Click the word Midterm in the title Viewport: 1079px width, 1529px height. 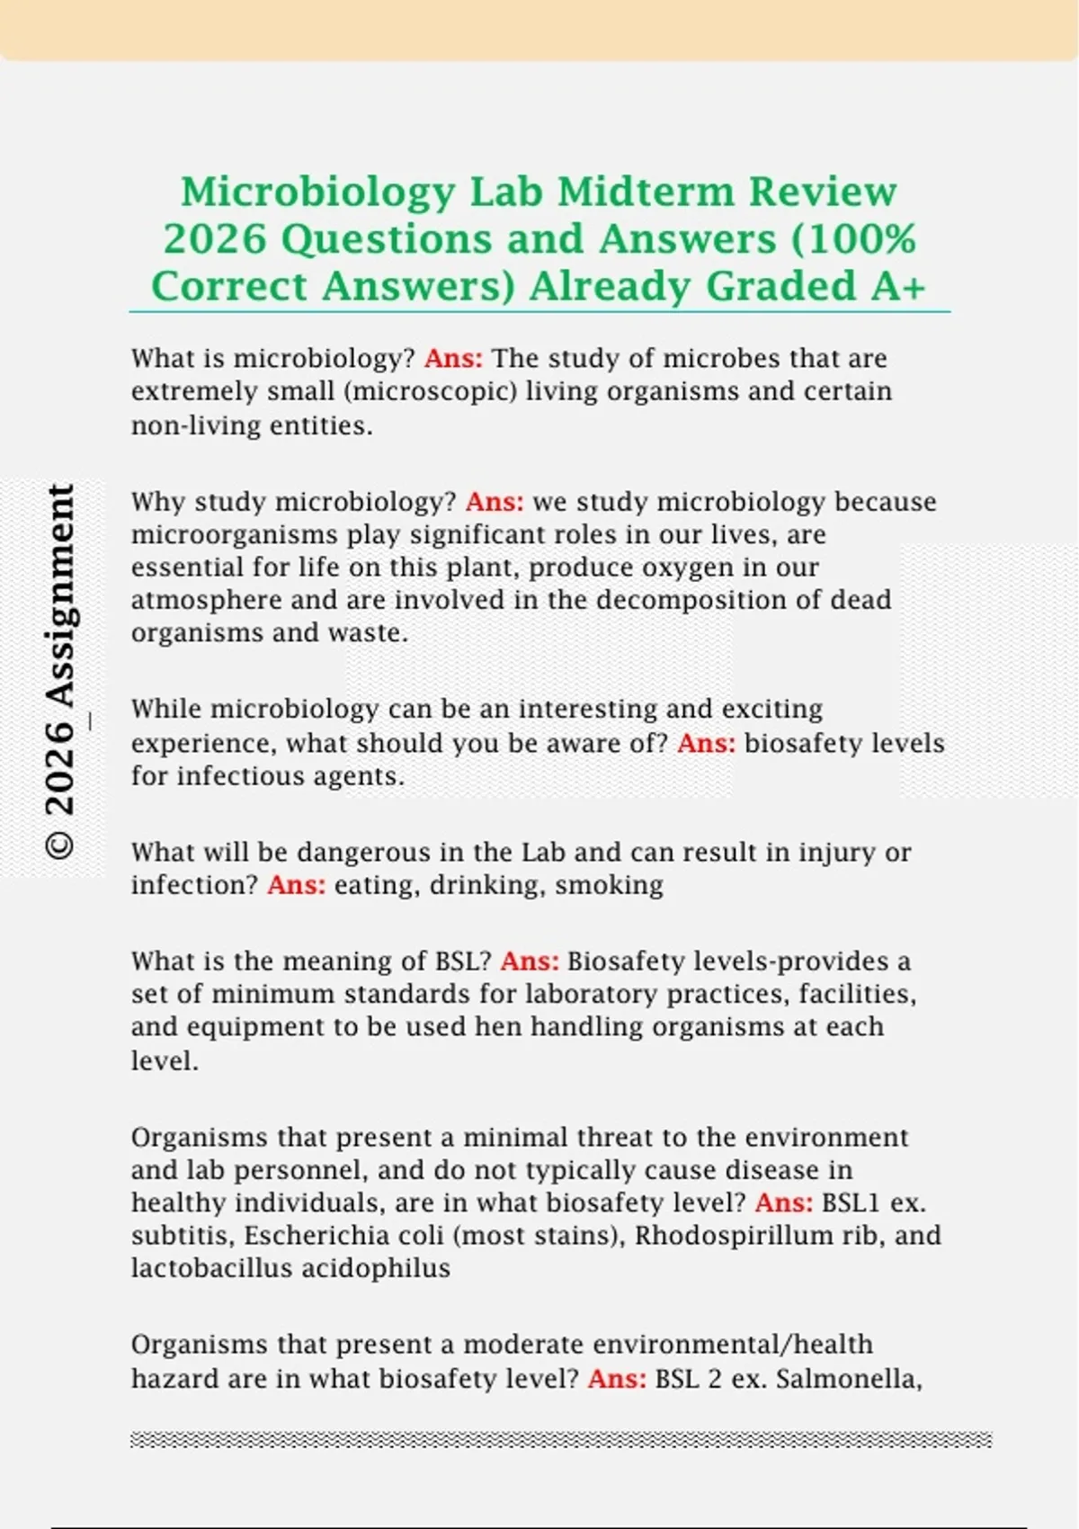646,192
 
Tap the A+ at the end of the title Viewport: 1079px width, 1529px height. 897,286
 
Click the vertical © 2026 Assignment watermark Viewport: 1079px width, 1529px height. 60,671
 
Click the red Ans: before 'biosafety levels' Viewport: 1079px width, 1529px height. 706,744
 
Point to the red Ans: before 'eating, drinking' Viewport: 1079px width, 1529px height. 297,885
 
